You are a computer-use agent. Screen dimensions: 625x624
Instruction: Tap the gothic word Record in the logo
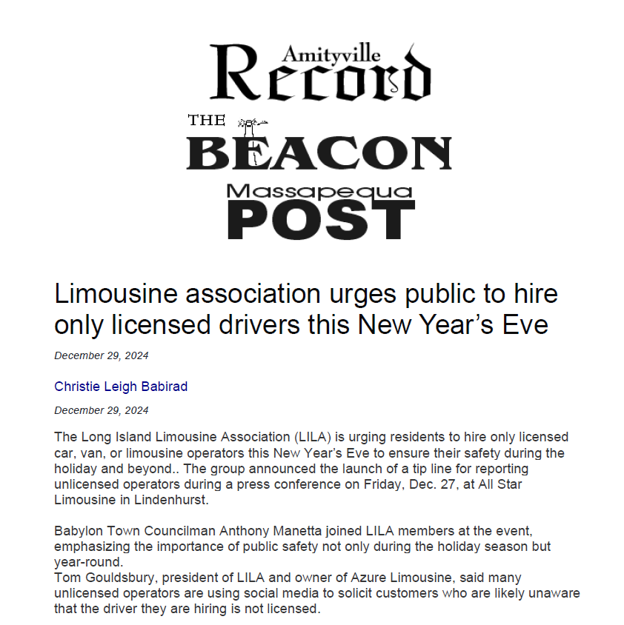(320, 78)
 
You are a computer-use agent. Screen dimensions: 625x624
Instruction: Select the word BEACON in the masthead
(319, 153)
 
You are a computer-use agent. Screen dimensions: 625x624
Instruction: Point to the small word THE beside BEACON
(206, 120)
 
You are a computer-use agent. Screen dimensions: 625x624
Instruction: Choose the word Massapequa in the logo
(319, 192)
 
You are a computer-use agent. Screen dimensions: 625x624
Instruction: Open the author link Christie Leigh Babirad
(121, 386)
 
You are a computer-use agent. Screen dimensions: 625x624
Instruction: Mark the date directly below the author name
(102, 410)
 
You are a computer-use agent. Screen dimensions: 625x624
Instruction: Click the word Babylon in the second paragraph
(77, 531)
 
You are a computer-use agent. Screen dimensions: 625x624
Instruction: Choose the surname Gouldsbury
(117, 578)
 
